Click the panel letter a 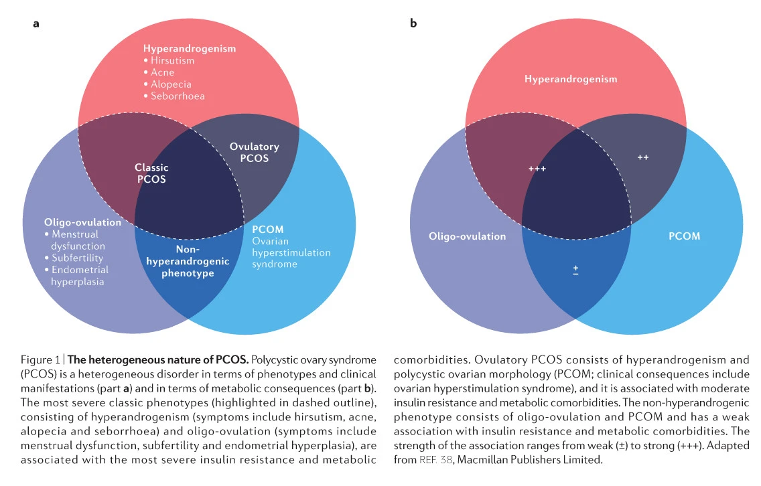click(x=36, y=24)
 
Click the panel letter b click(x=413, y=23)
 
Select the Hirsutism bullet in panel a click(x=169, y=61)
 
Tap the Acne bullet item click(x=159, y=72)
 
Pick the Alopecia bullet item click(x=167, y=84)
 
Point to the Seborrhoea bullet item click(x=174, y=96)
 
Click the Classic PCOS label click(x=151, y=173)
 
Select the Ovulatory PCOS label click(x=255, y=153)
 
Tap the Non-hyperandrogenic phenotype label click(x=188, y=261)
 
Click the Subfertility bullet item click(x=74, y=258)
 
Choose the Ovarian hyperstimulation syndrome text click(x=291, y=252)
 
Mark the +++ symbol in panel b click(x=537, y=169)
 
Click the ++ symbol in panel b click(x=643, y=157)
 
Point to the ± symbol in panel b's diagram click(x=575, y=270)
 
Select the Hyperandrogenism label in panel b click(x=571, y=79)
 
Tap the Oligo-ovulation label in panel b click(x=468, y=236)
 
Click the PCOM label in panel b click(x=685, y=236)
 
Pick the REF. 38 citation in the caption click(x=436, y=459)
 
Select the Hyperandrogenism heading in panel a click(x=190, y=48)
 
